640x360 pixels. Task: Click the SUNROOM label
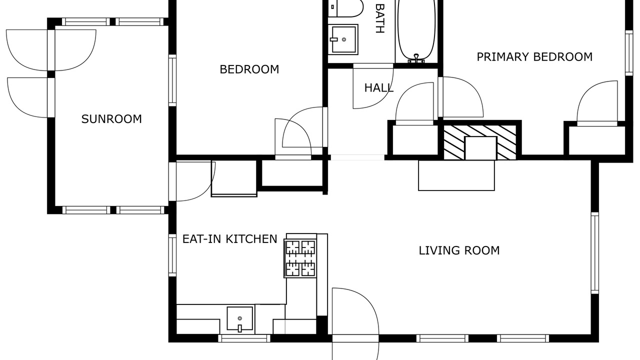(111, 119)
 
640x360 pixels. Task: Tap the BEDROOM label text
(249, 69)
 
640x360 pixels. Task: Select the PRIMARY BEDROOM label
(534, 57)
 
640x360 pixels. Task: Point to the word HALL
(379, 88)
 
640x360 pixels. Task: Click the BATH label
(379, 18)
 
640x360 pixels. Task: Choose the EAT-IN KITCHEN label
(229, 239)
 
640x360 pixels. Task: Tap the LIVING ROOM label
(459, 250)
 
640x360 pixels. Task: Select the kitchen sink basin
(240, 318)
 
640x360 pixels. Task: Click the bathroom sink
(343, 39)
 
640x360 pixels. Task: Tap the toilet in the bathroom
(346, 8)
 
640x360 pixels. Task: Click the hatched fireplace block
(480, 142)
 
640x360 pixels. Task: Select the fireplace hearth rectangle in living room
(456, 175)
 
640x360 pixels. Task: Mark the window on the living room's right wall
(595, 253)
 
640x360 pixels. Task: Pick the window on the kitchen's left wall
(172, 255)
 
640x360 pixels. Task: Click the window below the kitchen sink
(244, 338)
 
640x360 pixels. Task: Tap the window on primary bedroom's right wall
(629, 53)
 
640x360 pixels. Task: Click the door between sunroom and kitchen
(192, 181)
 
